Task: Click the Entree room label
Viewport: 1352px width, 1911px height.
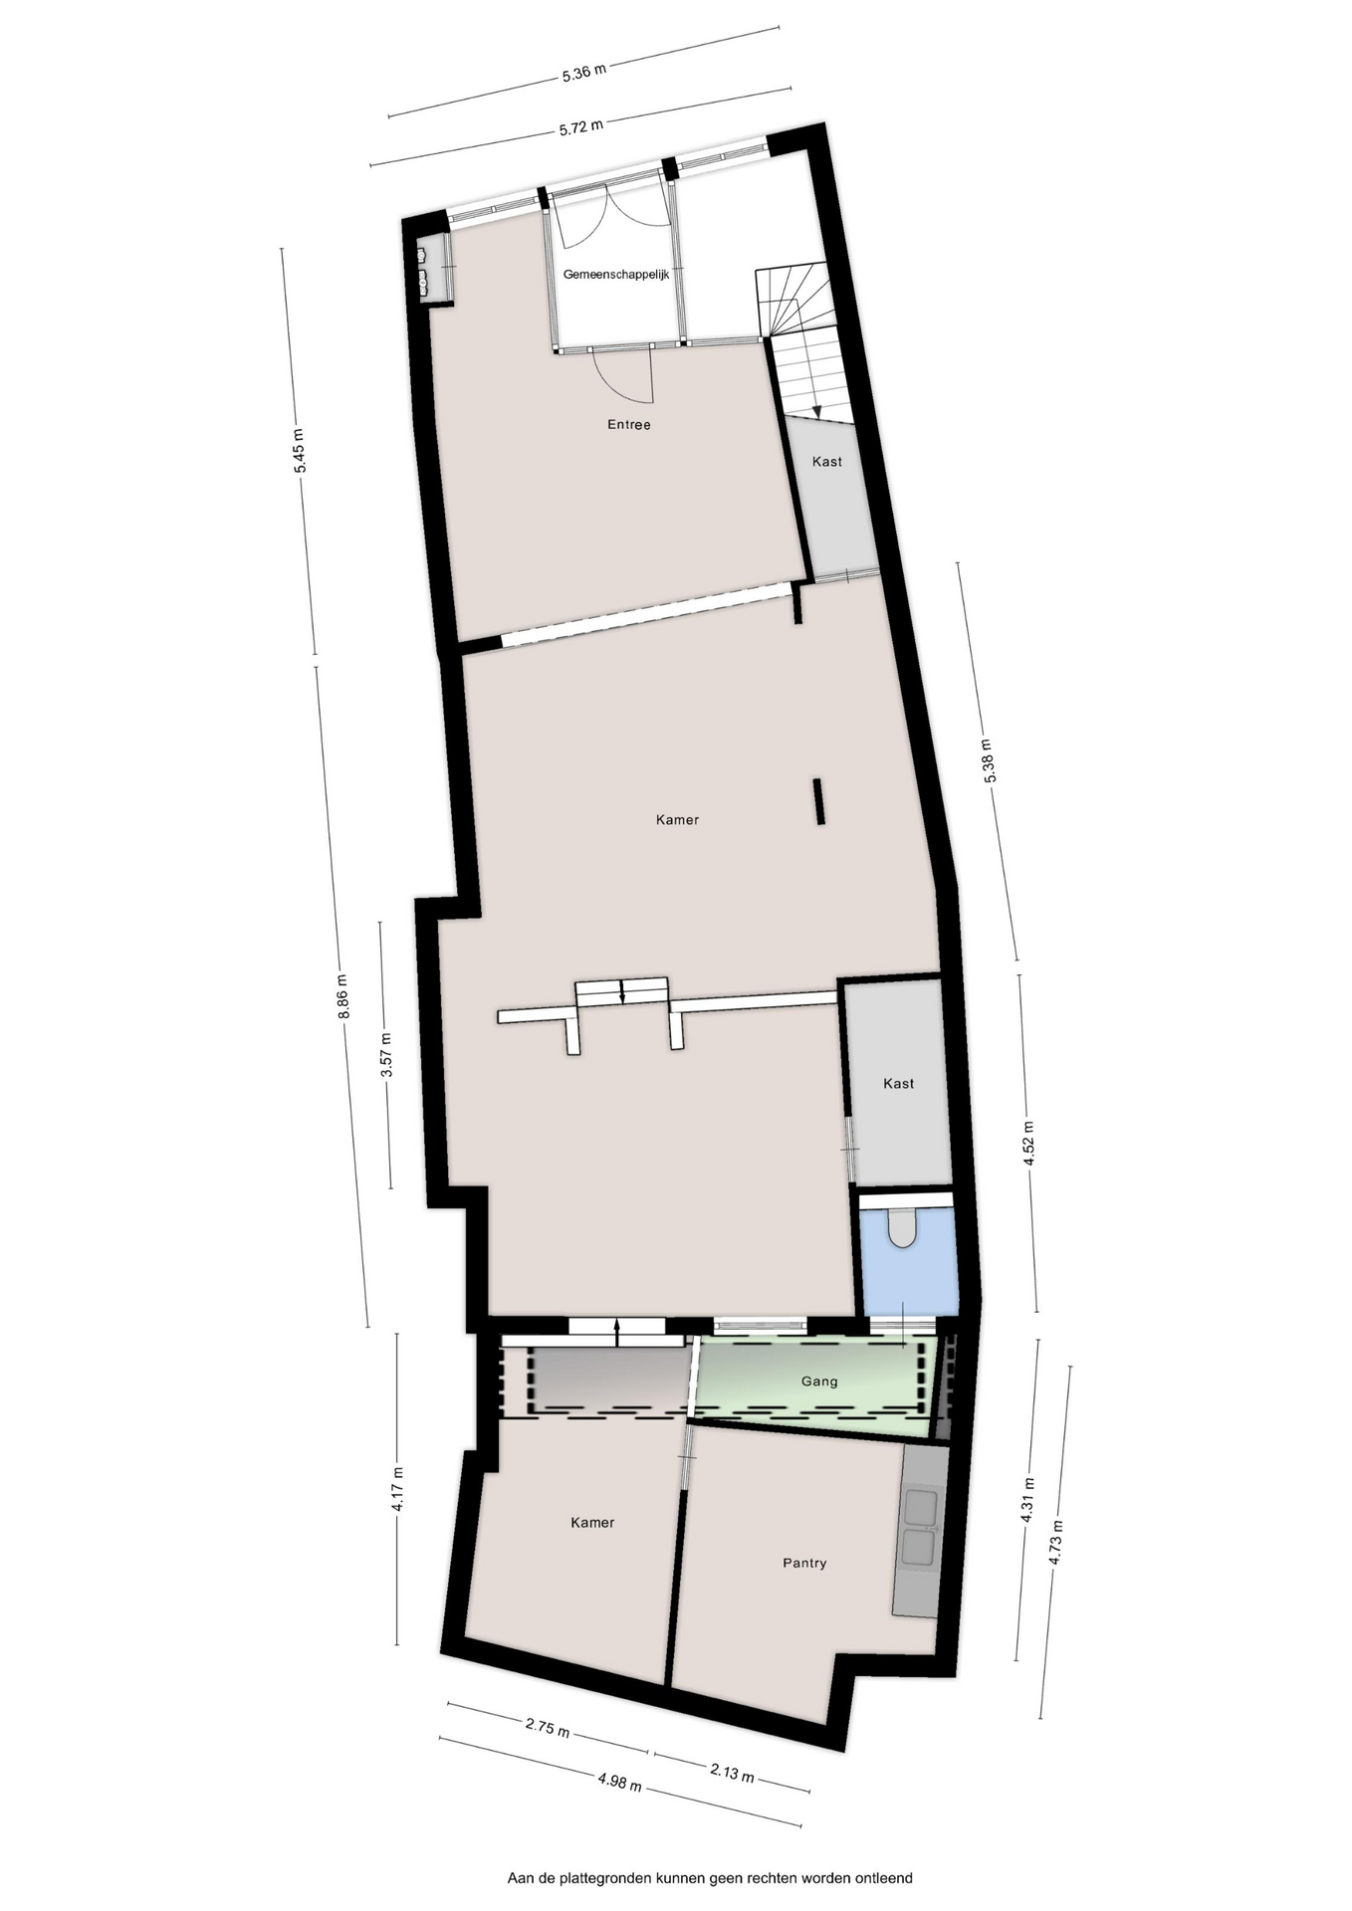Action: [x=628, y=425]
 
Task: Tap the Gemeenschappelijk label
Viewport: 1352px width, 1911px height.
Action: [x=616, y=274]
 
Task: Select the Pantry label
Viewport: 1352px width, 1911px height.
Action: [x=804, y=1563]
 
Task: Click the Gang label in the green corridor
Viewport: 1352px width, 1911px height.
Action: [x=819, y=1380]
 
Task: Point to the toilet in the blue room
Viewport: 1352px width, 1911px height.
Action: [x=902, y=1228]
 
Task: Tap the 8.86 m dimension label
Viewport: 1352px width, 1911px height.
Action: [x=342, y=995]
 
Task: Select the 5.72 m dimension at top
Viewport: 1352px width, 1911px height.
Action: [x=581, y=127]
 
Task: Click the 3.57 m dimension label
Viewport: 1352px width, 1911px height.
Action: [x=386, y=1055]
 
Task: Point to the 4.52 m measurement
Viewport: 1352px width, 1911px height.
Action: [x=1028, y=1145]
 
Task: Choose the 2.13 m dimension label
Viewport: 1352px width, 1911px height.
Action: [x=732, y=1773]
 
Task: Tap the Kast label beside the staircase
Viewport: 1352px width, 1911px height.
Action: [x=827, y=462]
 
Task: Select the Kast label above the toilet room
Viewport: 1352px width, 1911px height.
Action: [x=899, y=1084]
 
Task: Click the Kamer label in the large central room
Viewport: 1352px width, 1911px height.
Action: [x=677, y=820]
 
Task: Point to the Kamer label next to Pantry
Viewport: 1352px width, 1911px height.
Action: [x=592, y=1523]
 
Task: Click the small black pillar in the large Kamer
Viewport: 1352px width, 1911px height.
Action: [x=819, y=802]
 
